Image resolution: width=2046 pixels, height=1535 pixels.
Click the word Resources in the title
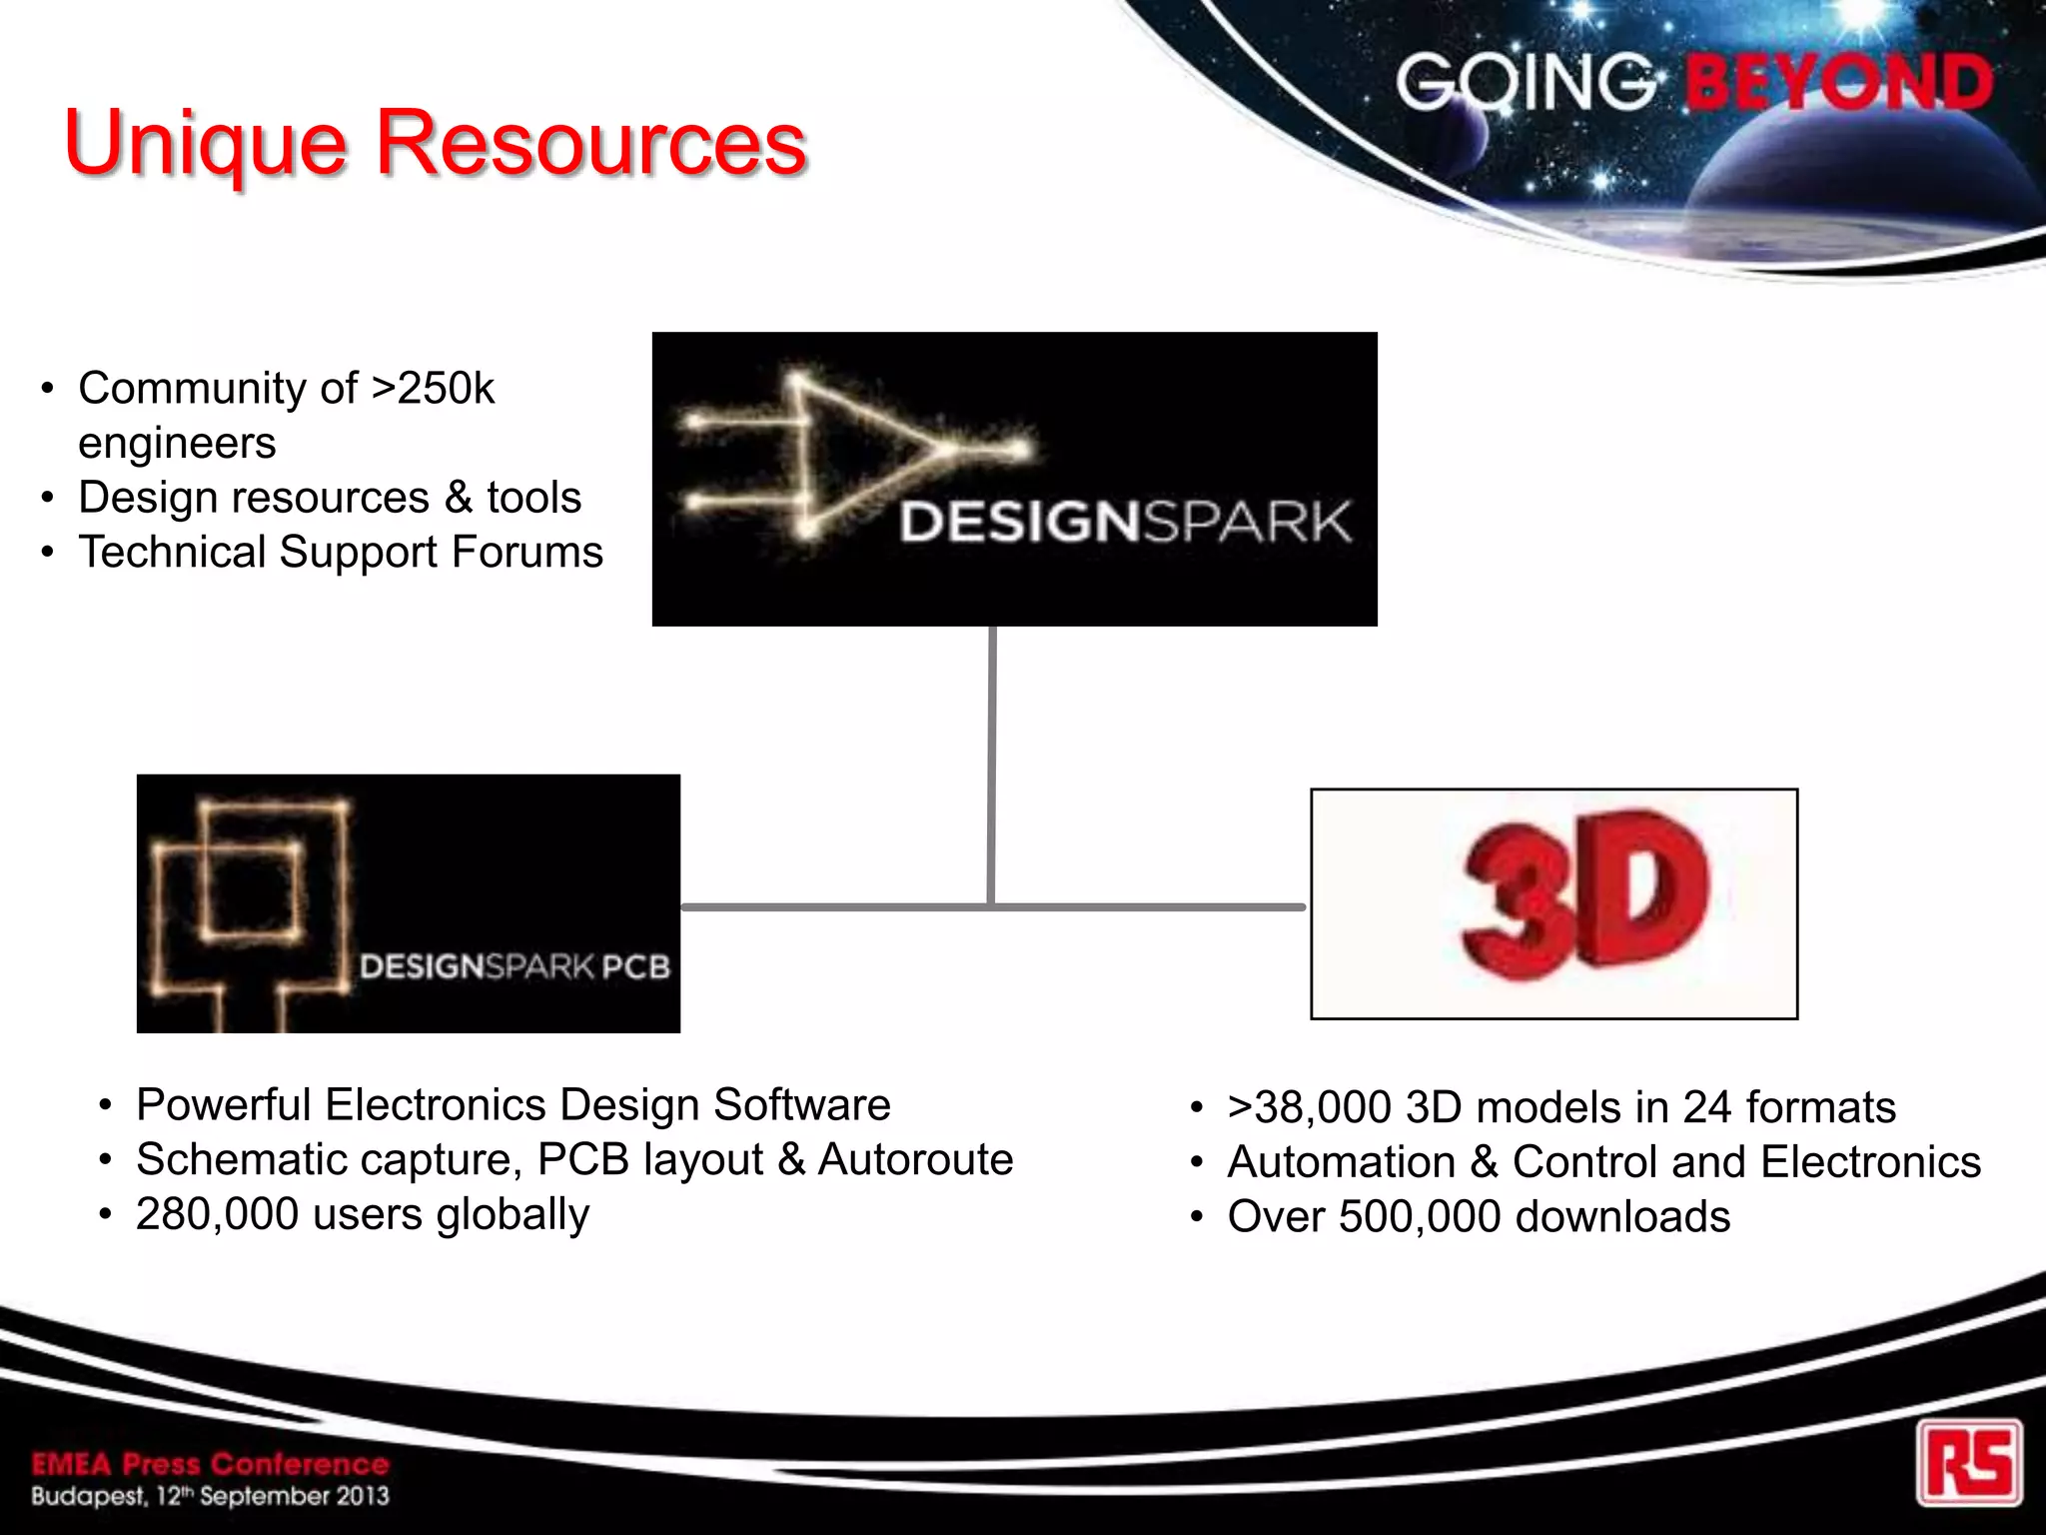tap(590, 143)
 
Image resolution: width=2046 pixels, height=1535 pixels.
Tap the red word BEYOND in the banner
tap(1839, 83)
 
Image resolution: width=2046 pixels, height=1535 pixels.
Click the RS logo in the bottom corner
tap(1968, 1462)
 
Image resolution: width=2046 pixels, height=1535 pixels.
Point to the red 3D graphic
tap(1583, 894)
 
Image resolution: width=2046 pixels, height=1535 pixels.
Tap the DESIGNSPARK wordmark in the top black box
tap(1125, 522)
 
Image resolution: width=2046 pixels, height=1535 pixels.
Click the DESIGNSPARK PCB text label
tap(514, 966)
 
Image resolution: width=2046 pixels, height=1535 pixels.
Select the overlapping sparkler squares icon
tap(250, 899)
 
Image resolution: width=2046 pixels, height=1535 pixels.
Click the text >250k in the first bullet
tap(433, 388)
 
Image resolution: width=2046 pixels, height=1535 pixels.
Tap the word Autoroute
tap(915, 1159)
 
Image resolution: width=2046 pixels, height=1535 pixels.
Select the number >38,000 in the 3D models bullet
tap(1309, 1107)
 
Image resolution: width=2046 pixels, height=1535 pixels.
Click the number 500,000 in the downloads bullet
tap(1420, 1216)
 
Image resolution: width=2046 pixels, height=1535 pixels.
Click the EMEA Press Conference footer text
tap(210, 1464)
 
